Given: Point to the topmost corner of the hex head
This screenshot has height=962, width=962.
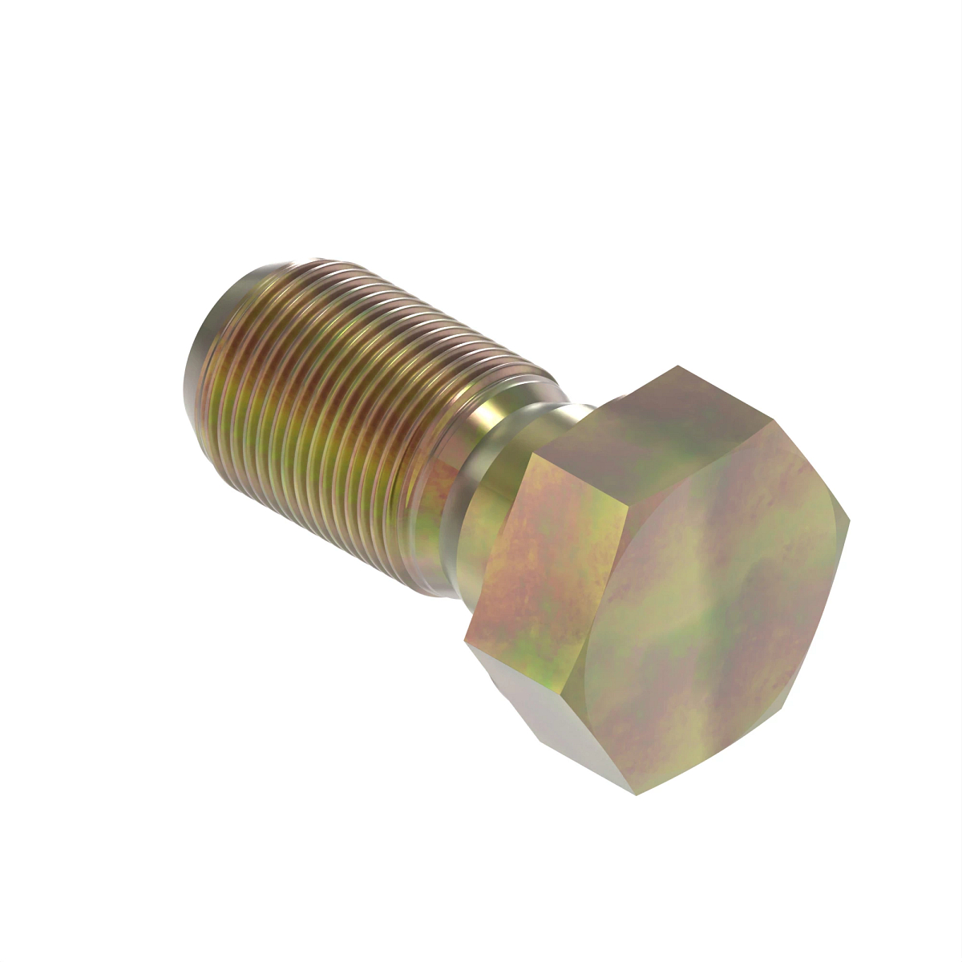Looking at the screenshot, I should pyautogui.click(x=677, y=366).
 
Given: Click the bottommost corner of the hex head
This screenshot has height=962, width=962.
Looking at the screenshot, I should pyautogui.click(x=636, y=794).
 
